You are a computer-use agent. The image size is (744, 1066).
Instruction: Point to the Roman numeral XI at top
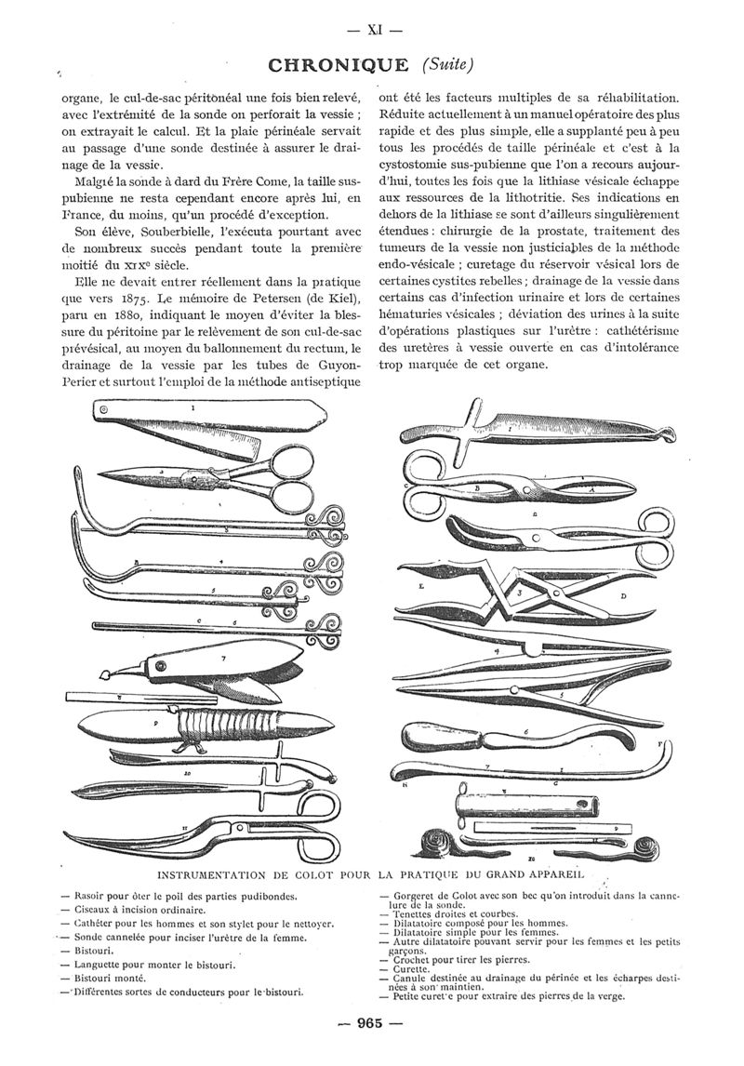click(x=373, y=28)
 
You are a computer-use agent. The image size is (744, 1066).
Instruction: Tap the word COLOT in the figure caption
click(x=312, y=874)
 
